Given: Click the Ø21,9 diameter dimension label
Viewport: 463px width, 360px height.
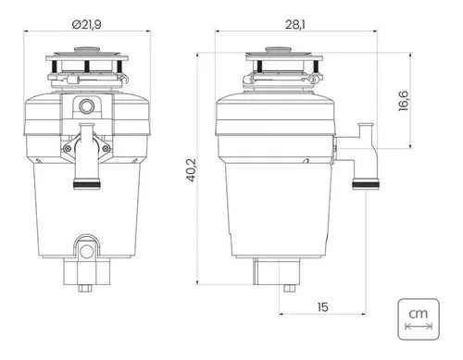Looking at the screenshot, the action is pos(87,24).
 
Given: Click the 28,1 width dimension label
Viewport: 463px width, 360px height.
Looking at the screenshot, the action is pos(294,24).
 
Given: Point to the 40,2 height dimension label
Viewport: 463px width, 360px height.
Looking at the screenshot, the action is pos(192,170).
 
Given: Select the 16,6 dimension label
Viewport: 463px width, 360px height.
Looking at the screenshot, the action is pos(403,101).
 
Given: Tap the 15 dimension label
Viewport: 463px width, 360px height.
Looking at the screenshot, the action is pos(322,307).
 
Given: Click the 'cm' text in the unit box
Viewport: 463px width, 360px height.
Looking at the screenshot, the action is pos(419,314).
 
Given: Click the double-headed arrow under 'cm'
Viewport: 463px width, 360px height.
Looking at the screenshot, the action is pos(419,326).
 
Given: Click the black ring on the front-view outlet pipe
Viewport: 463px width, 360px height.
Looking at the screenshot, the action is pos(87,185).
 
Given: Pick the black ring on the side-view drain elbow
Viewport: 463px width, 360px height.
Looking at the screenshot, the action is pos(366,185).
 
